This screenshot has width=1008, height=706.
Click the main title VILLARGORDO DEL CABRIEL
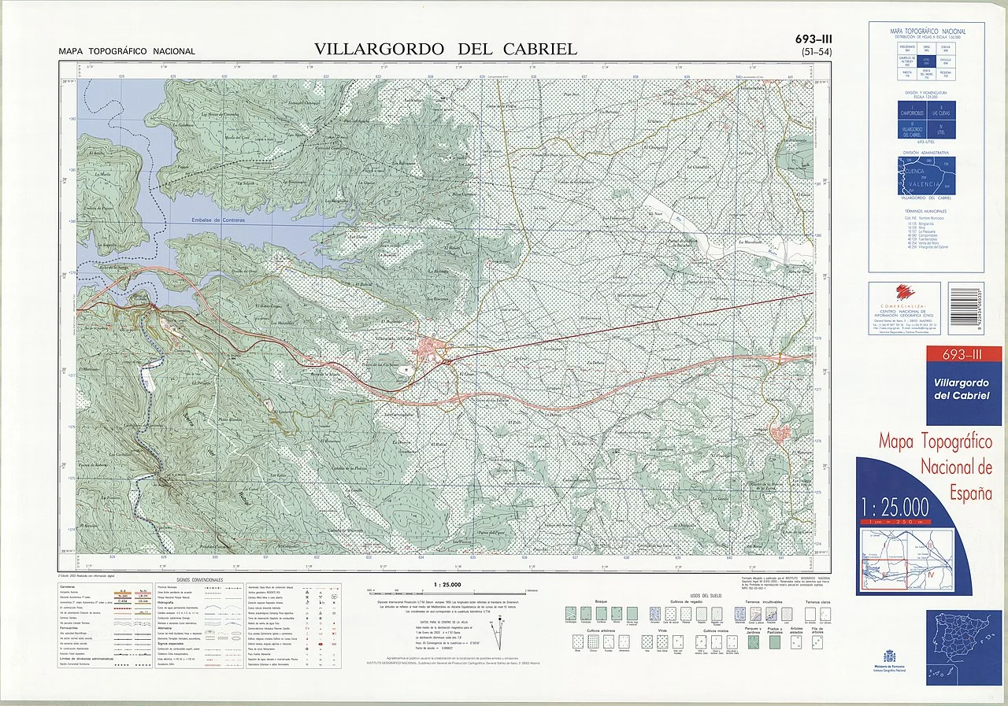pyautogui.click(x=445, y=49)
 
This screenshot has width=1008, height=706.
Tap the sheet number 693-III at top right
pyautogui.click(x=814, y=39)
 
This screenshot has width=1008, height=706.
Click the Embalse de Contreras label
pyautogui.click(x=217, y=220)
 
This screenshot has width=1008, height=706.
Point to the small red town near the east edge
pyautogui.click(x=781, y=432)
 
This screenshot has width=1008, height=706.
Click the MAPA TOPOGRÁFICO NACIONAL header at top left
pyautogui.click(x=126, y=52)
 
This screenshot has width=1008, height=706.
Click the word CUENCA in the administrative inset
pyautogui.click(x=915, y=168)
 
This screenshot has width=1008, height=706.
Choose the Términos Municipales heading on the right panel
pyautogui.click(x=925, y=211)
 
